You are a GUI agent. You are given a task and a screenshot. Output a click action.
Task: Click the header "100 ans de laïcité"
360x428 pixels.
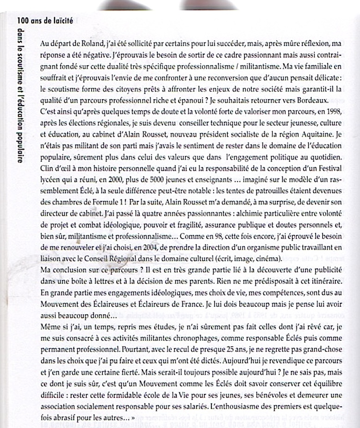pyautogui.click(x=44, y=21)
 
